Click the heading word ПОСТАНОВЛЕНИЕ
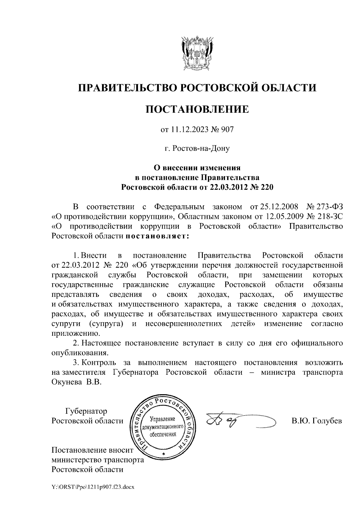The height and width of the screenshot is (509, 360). (197, 109)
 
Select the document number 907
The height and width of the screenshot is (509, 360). (227, 130)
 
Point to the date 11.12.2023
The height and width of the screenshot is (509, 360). (187, 130)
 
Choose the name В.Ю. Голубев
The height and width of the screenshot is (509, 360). (316, 421)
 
